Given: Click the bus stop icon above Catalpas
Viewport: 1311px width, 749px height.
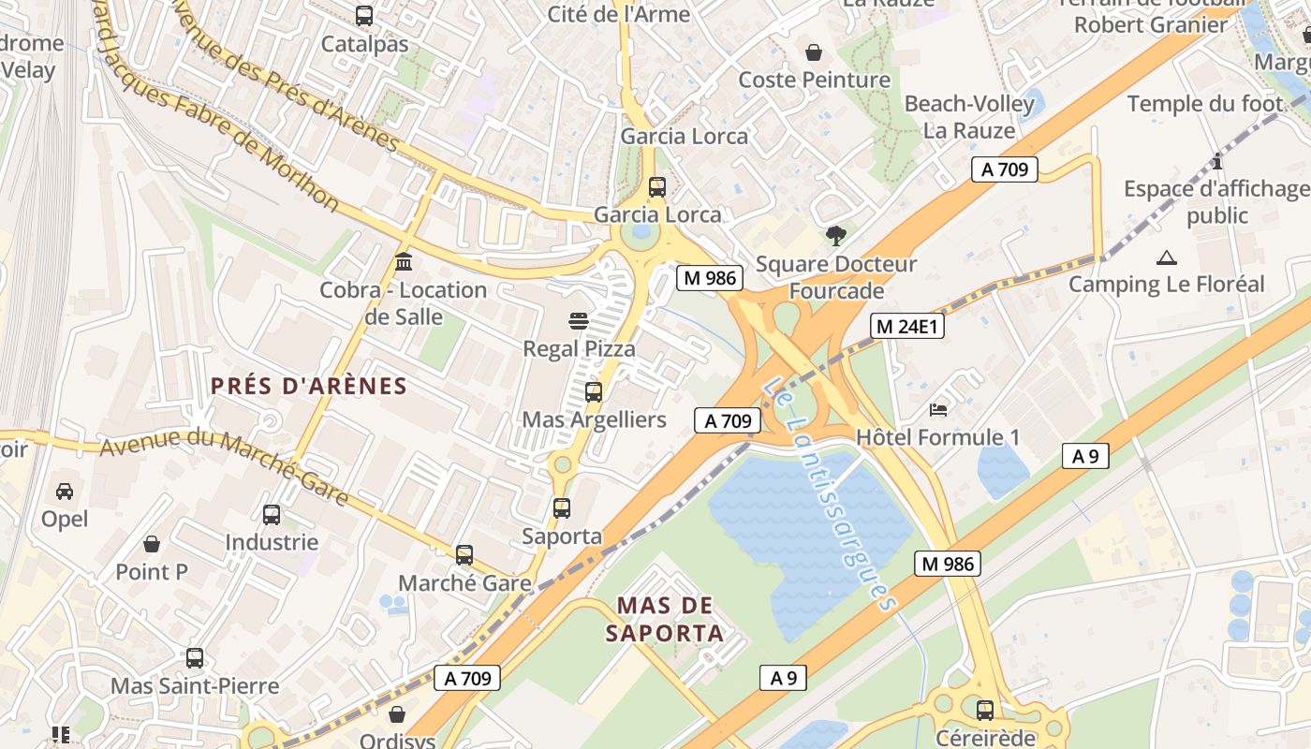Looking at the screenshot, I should pyautogui.click(x=364, y=16).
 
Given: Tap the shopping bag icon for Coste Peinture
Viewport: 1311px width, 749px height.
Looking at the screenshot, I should pyautogui.click(x=814, y=51).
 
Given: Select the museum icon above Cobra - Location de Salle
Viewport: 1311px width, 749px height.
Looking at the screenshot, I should pyautogui.click(x=404, y=260).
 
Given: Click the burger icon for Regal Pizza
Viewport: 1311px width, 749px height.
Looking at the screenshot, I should pyautogui.click(x=579, y=321).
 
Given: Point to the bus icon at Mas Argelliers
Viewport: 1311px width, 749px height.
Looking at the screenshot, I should pyautogui.click(x=594, y=391).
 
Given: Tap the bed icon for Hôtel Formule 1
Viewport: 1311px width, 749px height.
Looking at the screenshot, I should pyautogui.click(x=937, y=409).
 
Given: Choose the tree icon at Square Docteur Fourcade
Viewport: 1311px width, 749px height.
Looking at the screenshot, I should pyautogui.click(x=836, y=236).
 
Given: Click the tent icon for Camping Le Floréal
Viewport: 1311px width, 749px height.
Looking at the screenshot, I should pyautogui.click(x=1166, y=257).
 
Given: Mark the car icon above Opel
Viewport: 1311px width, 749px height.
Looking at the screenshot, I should pyautogui.click(x=65, y=491).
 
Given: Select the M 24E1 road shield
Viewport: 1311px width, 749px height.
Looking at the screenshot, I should pyautogui.click(x=906, y=326).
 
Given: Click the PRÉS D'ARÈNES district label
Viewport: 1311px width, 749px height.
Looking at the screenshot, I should pyautogui.click(x=309, y=386).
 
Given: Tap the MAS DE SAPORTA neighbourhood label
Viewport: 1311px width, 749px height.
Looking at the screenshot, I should pyautogui.click(x=665, y=619).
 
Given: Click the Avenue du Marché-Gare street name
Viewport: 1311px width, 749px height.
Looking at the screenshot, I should pyautogui.click(x=225, y=465).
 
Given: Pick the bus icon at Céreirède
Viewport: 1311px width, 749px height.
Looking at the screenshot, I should pyautogui.click(x=984, y=710).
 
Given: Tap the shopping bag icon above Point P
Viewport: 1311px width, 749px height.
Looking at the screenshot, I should pyautogui.click(x=152, y=544).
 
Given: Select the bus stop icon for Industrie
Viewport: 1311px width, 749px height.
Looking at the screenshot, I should pyautogui.click(x=272, y=514).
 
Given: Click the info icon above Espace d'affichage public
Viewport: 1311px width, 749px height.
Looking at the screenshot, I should pyautogui.click(x=1216, y=161).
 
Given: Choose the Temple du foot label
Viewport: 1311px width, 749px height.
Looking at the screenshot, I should pyautogui.click(x=1204, y=104).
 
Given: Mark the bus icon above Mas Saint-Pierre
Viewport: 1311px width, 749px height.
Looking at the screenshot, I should pyautogui.click(x=195, y=658).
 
